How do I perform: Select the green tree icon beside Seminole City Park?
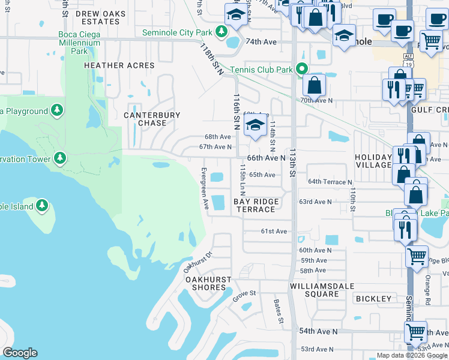pyautogui.click(x=221, y=31)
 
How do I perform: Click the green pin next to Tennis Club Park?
pyautogui.click(x=303, y=70)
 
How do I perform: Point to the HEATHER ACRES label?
pyautogui.click(x=121, y=65)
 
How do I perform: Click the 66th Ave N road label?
pyautogui.click(x=266, y=158)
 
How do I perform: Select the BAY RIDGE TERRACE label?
pyautogui.click(x=255, y=206)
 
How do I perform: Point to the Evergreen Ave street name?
pyautogui.click(x=205, y=188)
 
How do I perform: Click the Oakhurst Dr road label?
pyautogui.click(x=199, y=262)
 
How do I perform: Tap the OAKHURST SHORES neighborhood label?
pyautogui.click(x=205, y=283)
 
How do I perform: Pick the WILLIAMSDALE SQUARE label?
pyautogui.click(x=322, y=290)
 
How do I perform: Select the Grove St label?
pyautogui.click(x=244, y=293)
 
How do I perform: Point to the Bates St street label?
pyautogui.click(x=278, y=311)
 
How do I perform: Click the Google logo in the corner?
pyautogui.click(x=20, y=353)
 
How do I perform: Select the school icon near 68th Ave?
pyautogui.click(x=256, y=125)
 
